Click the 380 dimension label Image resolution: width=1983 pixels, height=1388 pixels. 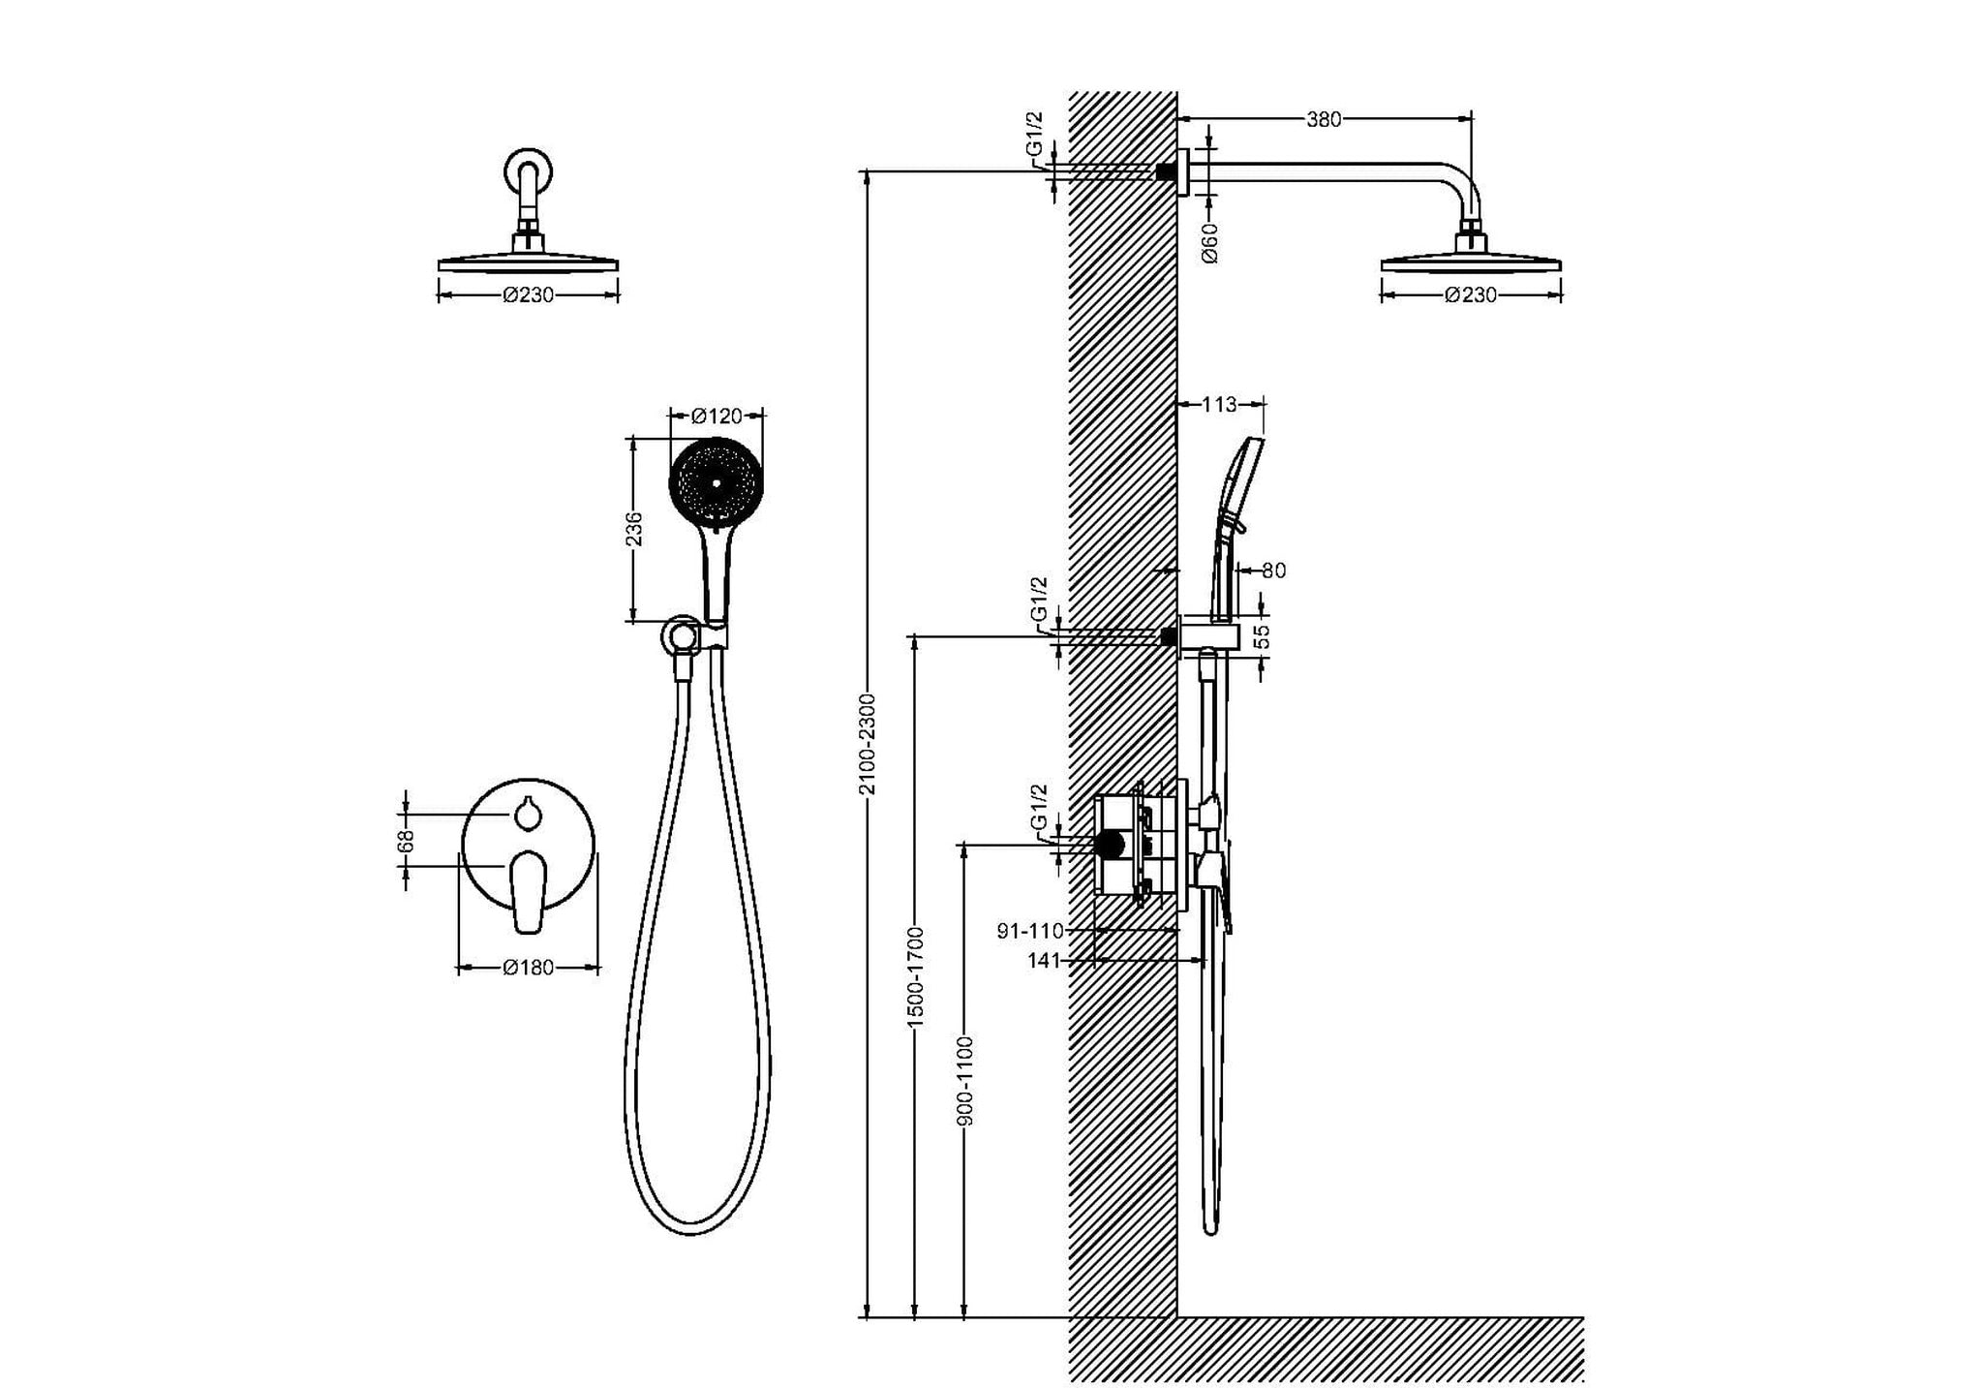click(1324, 120)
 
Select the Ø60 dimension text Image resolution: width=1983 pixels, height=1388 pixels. click(1209, 242)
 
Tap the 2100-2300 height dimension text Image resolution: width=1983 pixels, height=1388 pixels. click(868, 745)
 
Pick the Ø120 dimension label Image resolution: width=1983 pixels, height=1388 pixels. click(717, 416)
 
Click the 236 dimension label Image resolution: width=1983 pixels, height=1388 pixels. click(634, 529)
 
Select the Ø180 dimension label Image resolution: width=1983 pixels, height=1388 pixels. click(529, 968)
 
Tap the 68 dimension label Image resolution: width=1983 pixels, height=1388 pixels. click(407, 841)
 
